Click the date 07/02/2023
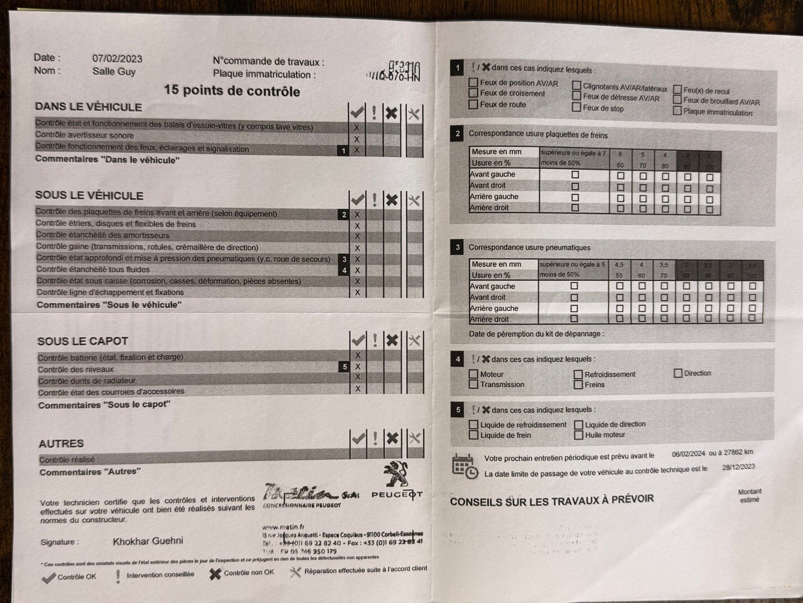(x=117, y=59)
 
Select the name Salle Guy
(x=114, y=71)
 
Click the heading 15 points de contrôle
(x=232, y=91)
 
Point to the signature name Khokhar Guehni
(x=148, y=541)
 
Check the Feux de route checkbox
(x=473, y=105)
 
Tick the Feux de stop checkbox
(x=576, y=108)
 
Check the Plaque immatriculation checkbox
(x=677, y=112)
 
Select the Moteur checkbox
(x=473, y=374)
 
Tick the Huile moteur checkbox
(x=579, y=435)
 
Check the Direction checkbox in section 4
(x=678, y=373)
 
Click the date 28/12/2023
(x=738, y=467)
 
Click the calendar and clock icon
(x=465, y=466)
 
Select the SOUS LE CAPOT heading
(x=83, y=341)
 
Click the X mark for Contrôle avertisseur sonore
(x=357, y=139)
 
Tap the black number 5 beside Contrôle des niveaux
(x=344, y=367)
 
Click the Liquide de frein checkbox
(x=473, y=435)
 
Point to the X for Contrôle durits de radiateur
(x=358, y=377)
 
